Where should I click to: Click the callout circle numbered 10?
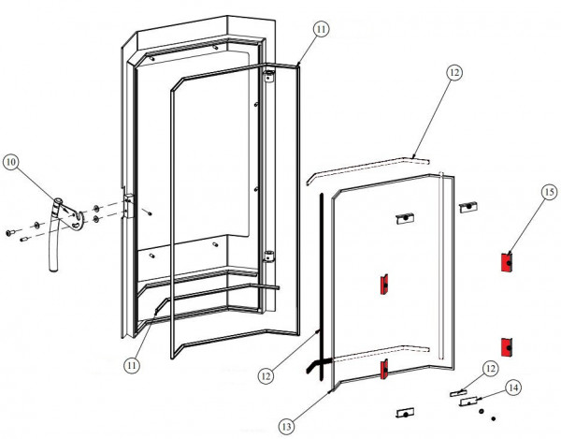11,162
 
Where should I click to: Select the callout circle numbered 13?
286,424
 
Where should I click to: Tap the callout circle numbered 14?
513,386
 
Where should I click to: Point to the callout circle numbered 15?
547,194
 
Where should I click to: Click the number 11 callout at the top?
321,30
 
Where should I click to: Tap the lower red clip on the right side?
508,346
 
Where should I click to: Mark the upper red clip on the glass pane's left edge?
382,284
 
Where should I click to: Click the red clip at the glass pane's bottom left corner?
382,371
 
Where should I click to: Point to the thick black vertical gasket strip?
321,281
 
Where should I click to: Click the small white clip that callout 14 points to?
470,401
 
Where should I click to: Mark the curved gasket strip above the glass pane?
369,166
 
